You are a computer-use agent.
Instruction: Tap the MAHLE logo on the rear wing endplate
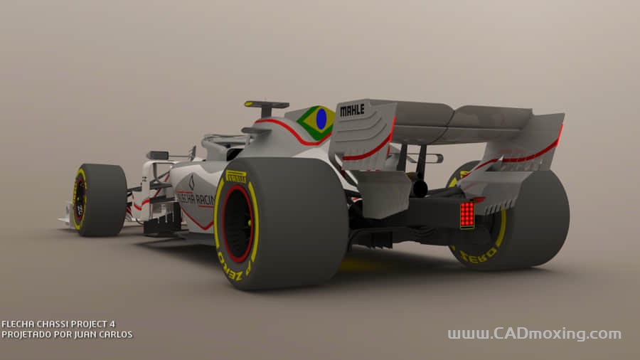point(352,110)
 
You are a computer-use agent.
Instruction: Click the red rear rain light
point(466,214)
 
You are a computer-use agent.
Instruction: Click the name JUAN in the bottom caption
point(86,334)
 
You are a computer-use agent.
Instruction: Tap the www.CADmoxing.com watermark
point(534,334)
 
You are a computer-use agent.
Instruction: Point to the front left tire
point(99,200)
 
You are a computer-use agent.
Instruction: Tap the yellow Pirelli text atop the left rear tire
point(236,176)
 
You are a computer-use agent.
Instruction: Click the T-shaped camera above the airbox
point(266,106)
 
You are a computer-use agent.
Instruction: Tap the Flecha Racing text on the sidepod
point(196,199)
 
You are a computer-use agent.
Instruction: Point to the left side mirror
point(158,155)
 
